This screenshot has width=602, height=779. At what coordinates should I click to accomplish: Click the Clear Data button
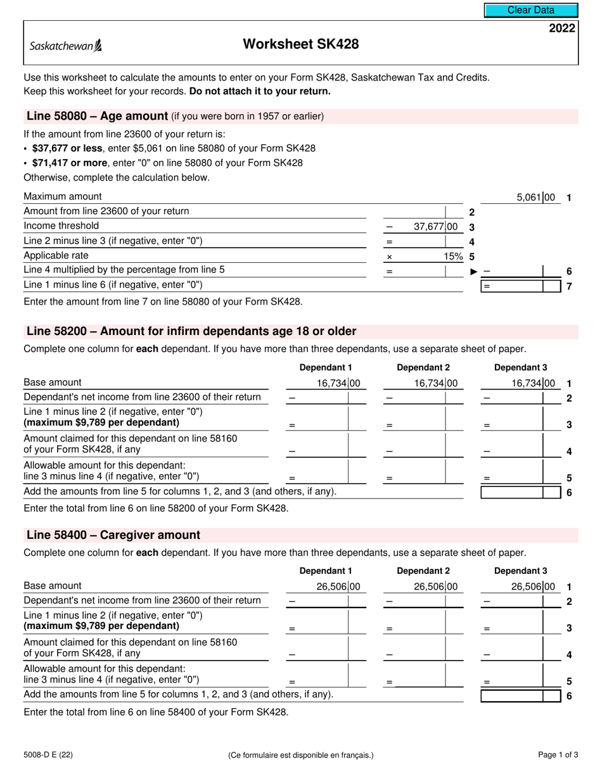point(531,10)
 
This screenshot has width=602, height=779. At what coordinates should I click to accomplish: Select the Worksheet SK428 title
point(300,44)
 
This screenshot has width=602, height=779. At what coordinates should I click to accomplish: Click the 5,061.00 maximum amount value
point(535,198)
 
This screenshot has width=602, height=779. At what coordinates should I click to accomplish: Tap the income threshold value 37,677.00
point(435,227)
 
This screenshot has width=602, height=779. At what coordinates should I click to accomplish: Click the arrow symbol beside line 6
point(473,271)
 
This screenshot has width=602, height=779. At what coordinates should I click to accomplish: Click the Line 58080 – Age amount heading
point(97,116)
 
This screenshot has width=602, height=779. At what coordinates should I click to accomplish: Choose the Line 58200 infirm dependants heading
point(191,331)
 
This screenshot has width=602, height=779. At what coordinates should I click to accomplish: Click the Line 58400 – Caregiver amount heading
point(113,535)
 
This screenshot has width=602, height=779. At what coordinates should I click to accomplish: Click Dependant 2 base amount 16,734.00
point(435,383)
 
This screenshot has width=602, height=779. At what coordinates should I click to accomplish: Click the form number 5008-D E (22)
point(46,754)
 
